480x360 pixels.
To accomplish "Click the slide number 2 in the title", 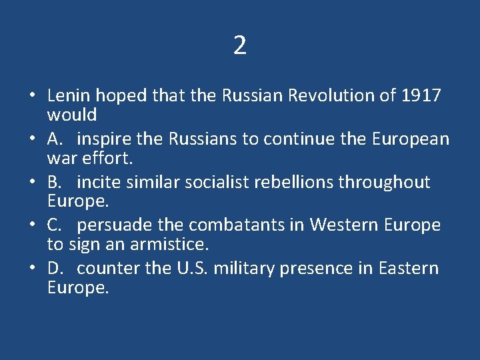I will tap(240, 45).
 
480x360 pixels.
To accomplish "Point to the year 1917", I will tap(421, 95).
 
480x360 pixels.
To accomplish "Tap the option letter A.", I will tap(55, 139).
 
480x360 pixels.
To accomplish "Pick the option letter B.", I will tap(54, 182).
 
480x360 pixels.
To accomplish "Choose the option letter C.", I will tap(54, 225).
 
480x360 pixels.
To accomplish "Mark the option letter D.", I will tap(55, 269).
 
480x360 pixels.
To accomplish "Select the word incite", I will tap(99, 182).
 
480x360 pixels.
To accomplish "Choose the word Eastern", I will tap(409, 269).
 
